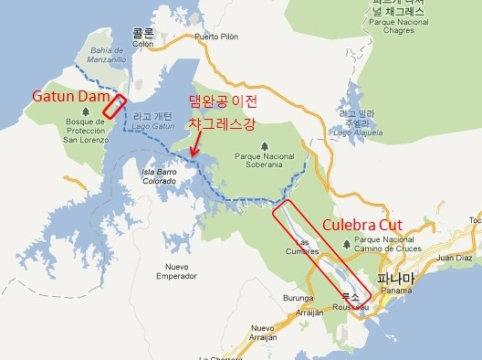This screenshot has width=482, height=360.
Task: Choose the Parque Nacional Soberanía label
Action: click(265, 161)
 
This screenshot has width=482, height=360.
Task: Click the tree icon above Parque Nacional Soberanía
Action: click(265, 145)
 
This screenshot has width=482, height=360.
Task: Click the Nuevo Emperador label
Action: click(176, 270)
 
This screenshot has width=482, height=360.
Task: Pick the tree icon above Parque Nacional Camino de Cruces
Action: click(344, 243)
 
